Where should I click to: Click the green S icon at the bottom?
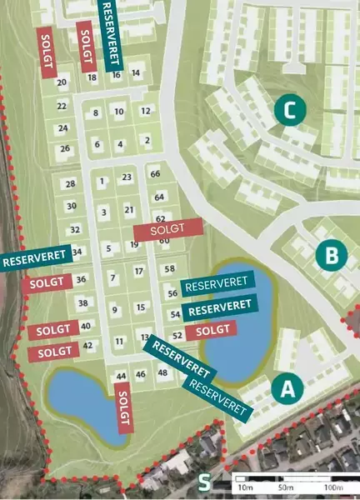[x=205, y=482]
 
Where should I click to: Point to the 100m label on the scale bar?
[x=333, y=487]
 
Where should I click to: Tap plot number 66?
[x=154, y=173]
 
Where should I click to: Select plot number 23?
[x=127, y=177]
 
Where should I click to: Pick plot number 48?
[x=162, y=374]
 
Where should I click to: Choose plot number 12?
[x=145, y=111]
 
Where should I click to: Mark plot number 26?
[x=65, y=149]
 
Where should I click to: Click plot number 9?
[x=115, y=309]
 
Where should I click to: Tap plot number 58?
[x=170, y=268]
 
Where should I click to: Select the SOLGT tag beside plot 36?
[x=47, y=283]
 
